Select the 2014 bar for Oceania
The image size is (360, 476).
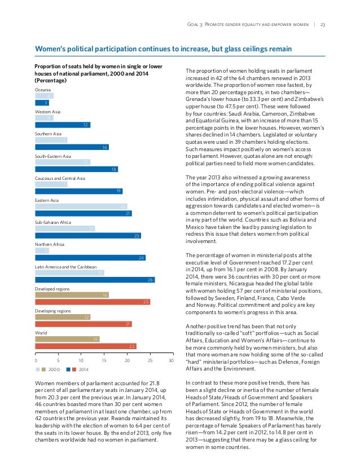(x=42, y=103)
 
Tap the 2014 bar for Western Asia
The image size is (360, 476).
(x=63, y=125)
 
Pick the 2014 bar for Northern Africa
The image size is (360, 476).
(x=90, y=258)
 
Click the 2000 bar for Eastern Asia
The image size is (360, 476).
(x=81, y=206)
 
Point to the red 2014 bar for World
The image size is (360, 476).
(x=86, y=346)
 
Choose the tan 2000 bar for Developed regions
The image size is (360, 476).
(x=72, y=294)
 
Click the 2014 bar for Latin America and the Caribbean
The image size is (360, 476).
(x=95, y=280)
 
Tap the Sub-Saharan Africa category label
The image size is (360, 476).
(x=53, y=222)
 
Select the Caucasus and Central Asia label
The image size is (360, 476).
(x=60, y=178)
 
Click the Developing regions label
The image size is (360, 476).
(x=53, y=311)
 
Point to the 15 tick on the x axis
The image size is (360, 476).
(x=104, y=359)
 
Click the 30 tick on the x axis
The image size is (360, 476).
(x=171, y=359)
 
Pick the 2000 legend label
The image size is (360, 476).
(x=54, y=369)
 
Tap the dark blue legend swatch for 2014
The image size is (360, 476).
(x=69, y=369)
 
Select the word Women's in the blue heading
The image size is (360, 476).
(x=52, y=49)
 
